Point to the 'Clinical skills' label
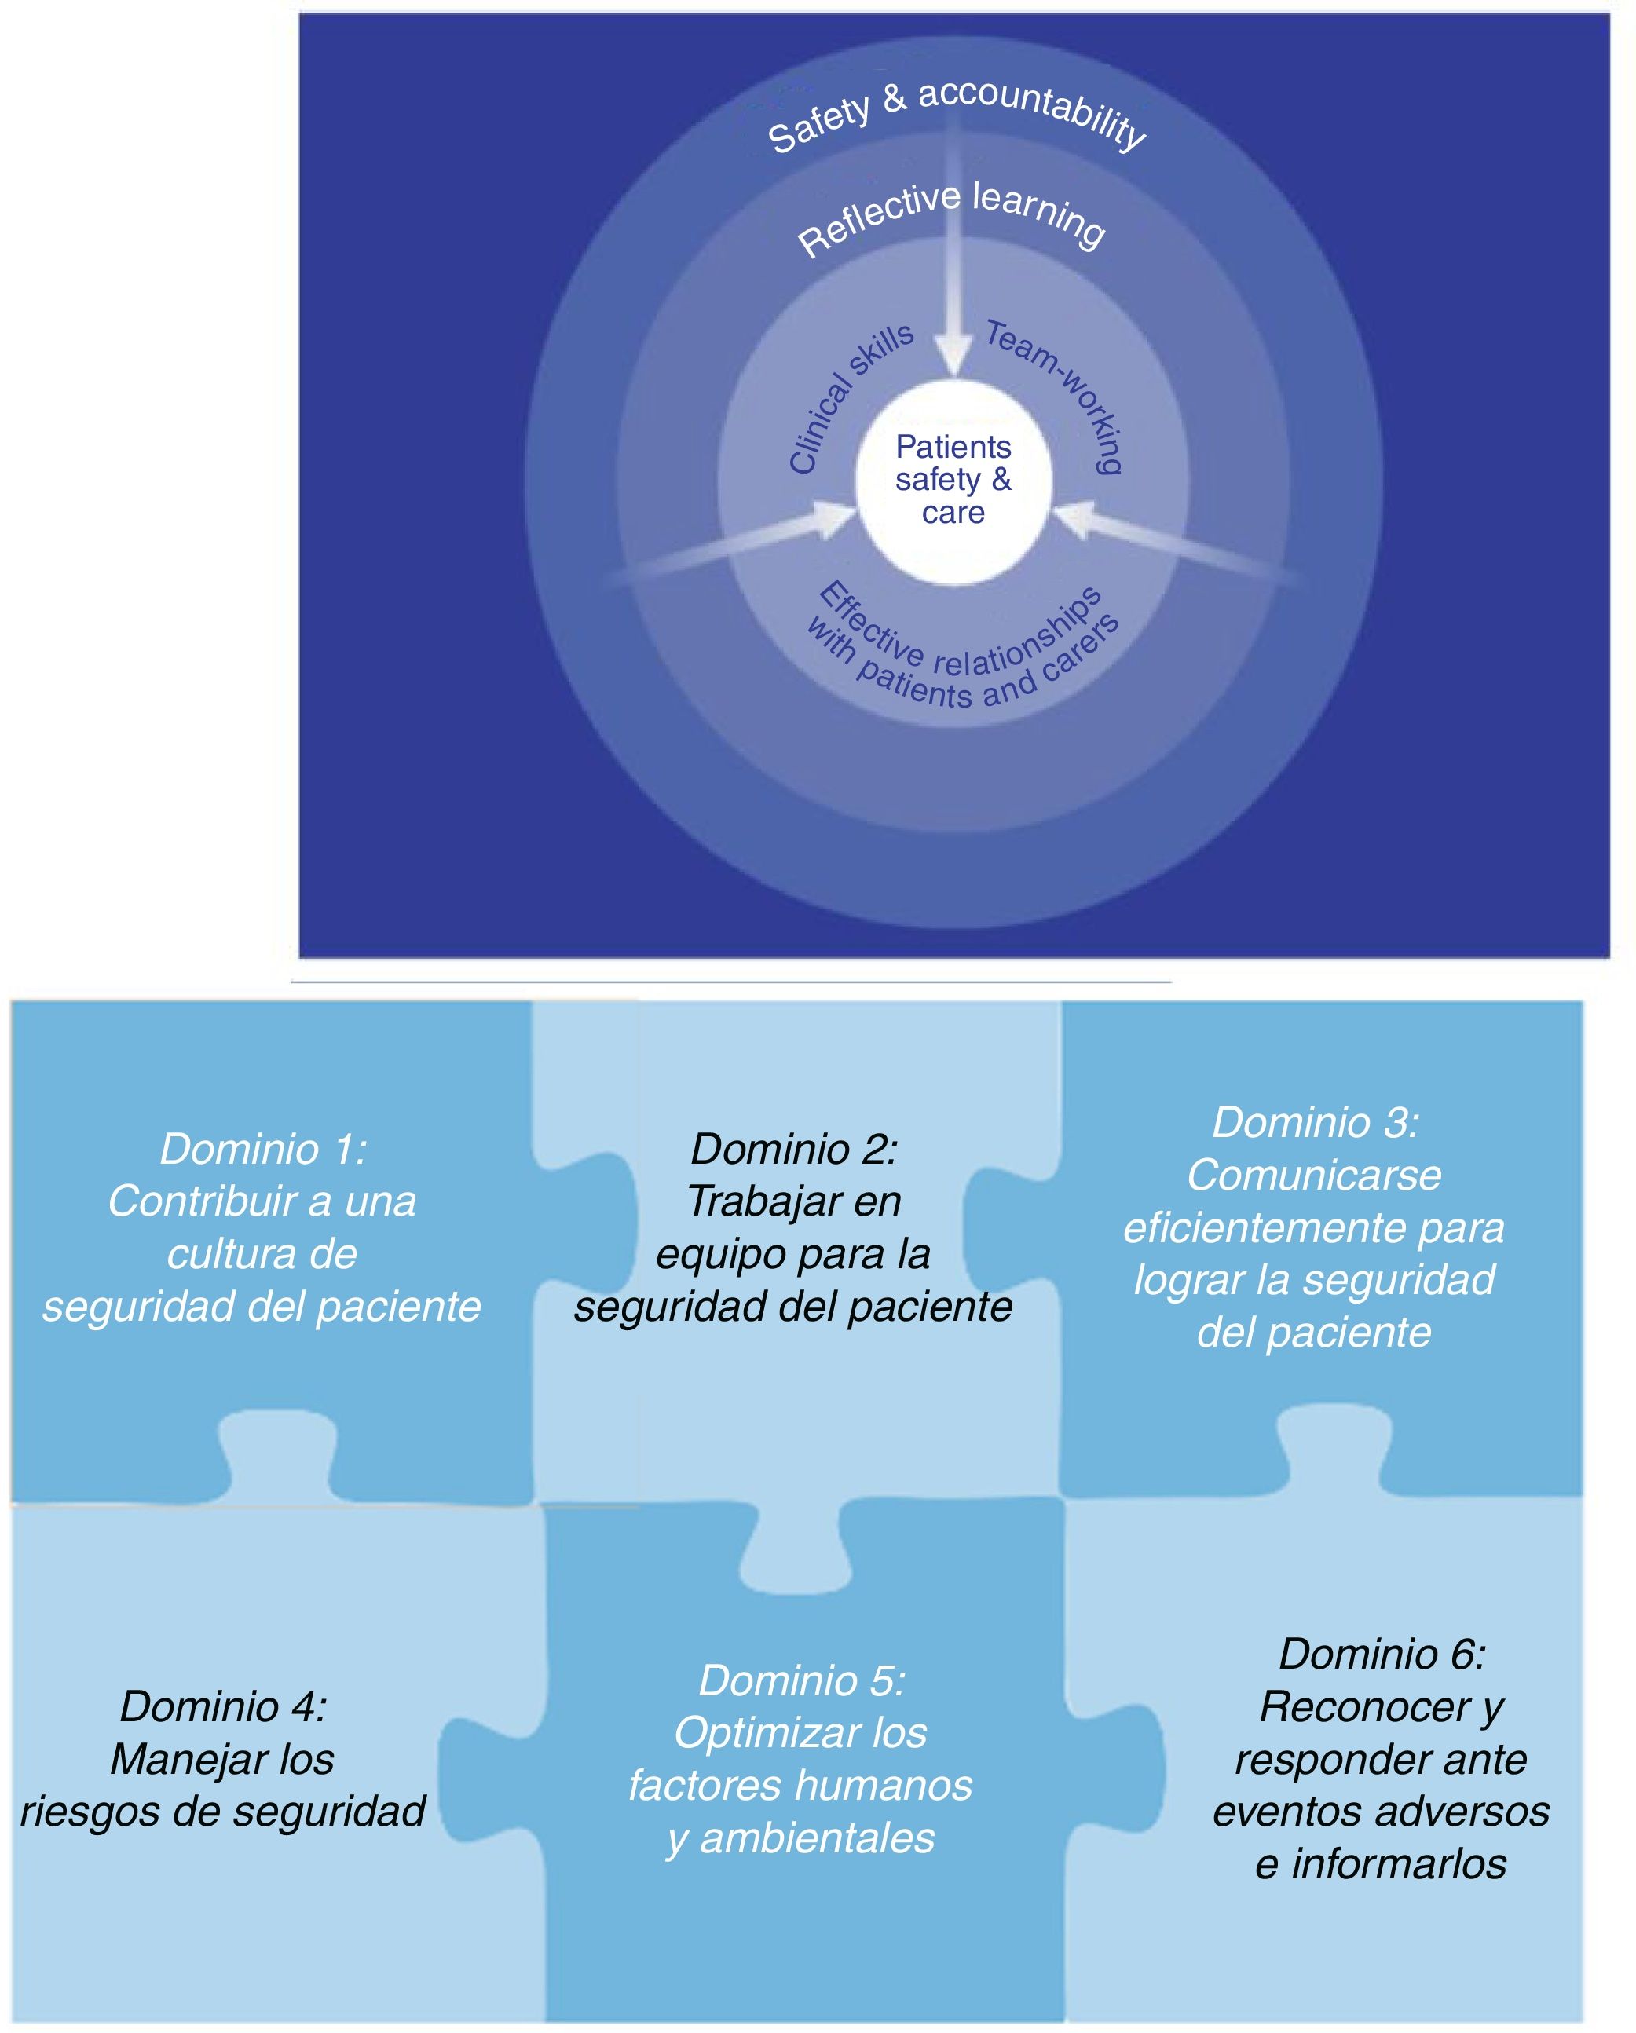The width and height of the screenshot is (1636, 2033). [x=849, y=396]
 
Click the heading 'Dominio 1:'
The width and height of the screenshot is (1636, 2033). [x=263, y=1149]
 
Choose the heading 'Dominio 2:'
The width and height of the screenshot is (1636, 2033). [x=794, y=1149]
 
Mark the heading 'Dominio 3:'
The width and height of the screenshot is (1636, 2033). [x=1316, y=1122]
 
